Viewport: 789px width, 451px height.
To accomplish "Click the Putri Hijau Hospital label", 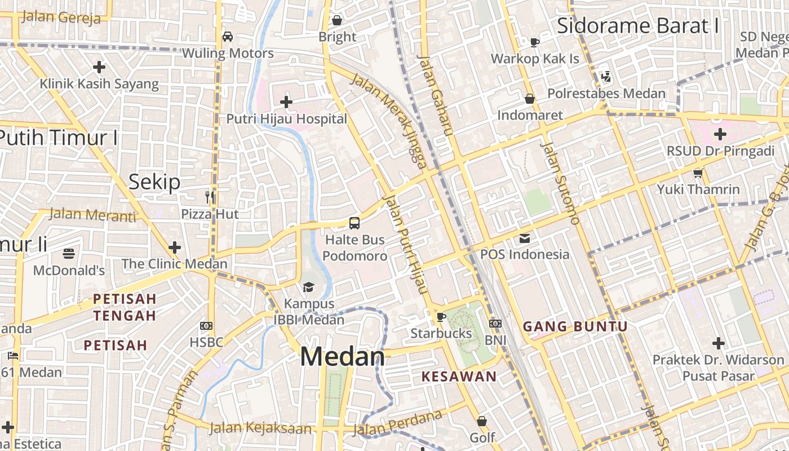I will tap(286, 119).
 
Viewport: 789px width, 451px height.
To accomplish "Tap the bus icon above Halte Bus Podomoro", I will tap(354, 223).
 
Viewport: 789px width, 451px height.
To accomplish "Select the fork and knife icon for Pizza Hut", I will tap(210, 197).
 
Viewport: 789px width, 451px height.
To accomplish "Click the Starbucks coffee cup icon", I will tap(441, 317).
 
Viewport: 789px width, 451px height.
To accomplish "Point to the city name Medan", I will tap(342, 357).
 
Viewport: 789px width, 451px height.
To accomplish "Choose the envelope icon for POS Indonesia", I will tap(525, 238).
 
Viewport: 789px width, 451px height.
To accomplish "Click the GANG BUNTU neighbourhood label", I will tap(575, 326).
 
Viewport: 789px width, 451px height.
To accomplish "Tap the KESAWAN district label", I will tap(459, 377).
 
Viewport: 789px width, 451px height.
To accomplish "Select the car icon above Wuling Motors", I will tap(228, 37).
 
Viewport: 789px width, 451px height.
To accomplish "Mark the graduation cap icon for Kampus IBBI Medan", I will tap(308, 288).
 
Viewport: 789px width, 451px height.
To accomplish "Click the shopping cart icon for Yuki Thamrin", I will tap(698, 173).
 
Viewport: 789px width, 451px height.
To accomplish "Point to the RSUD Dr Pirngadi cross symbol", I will tap(720, 134).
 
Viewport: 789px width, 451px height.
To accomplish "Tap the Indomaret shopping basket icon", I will tap(530, 99).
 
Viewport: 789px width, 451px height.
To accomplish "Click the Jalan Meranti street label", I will tap(93, 215).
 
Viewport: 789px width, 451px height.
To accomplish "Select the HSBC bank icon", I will tap(206, 326).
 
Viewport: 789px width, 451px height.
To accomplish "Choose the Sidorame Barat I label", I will tap(637, 26).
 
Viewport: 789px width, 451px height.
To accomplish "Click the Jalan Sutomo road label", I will tap(560, 183).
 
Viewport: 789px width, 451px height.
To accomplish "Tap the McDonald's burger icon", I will tap(69, 254).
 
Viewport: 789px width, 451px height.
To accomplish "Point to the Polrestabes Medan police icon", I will tap(606, 76).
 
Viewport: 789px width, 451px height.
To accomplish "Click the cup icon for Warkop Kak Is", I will tap(535, 42).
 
